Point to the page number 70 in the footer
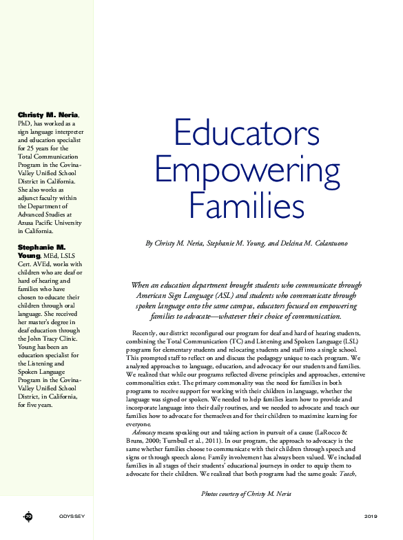pyautogui.click(x=28, y=516)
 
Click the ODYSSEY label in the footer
pyautogui.click(x=72, y=516)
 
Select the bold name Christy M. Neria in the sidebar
pyautogui.click(x=48, y=114)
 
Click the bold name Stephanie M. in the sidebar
pyautogui.click(x=41, y=246)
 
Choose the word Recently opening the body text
pyautogui.click(x=147, y=334)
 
